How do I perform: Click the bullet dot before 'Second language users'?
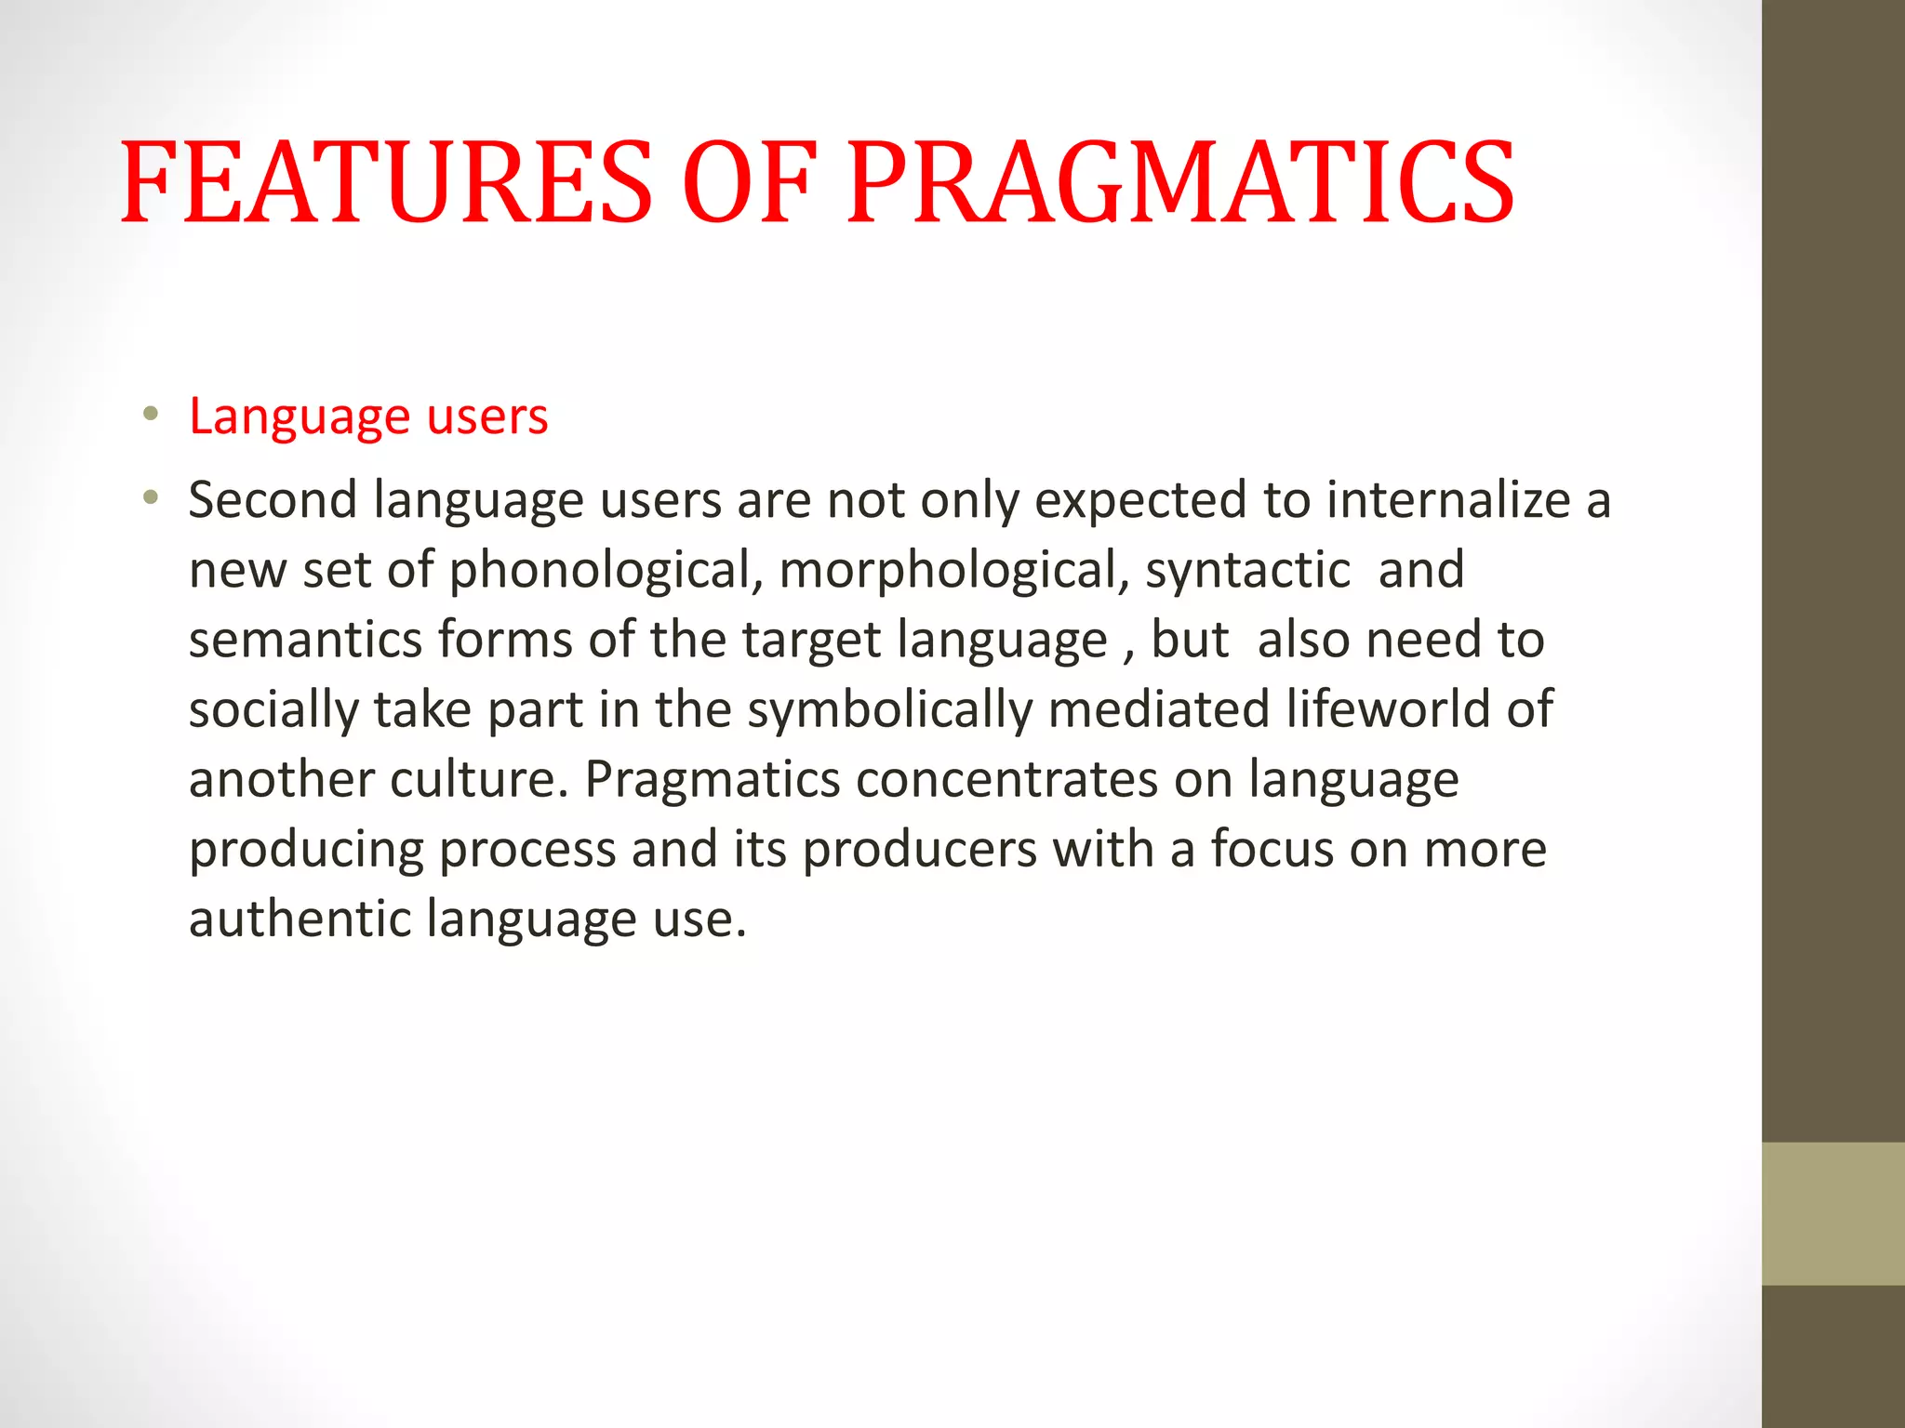(x=151, y=498)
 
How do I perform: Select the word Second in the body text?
(x=273, y=500)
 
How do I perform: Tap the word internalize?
(x=1448, y=500)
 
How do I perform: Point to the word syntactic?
(x=1247, y=570)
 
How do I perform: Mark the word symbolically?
(x=890, y=709)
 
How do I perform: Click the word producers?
(x=920, y=849)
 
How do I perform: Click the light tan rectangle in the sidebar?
(x=1832, y=1213)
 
